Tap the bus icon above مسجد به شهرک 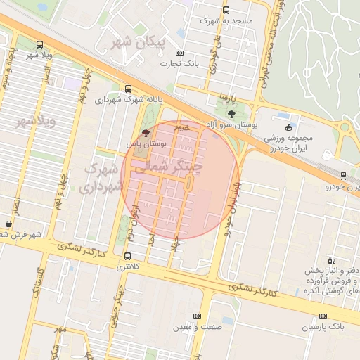[226, 11]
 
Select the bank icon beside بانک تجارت [179, 53]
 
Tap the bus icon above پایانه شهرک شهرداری [128, 89]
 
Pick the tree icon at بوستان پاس [146, 132]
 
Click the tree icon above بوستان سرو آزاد [232, 112]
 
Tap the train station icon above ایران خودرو [343, 176]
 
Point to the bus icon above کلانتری [127, 256]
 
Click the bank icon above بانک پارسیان [323, 316]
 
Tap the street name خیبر [182, 128]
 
